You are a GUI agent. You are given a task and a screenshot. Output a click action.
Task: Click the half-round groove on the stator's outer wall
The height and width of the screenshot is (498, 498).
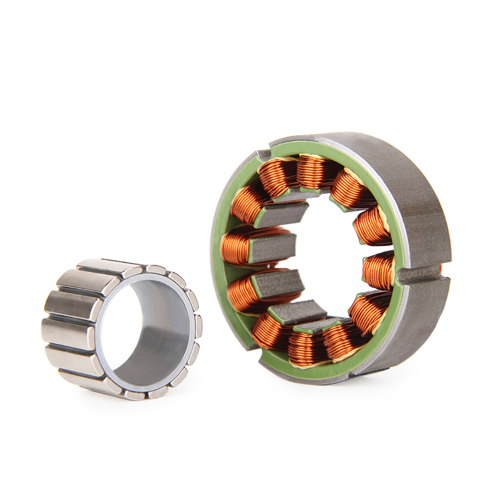(x=419, y=275)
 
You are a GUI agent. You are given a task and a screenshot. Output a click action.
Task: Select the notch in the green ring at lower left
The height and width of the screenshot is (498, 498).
(x=254, y=347)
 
